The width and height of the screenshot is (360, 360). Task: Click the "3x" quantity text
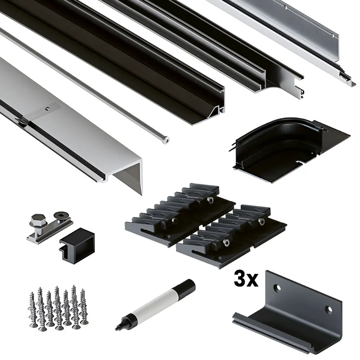[246, 279]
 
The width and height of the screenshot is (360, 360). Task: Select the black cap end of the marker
[184, 287]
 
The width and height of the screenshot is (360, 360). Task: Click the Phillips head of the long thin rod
[166, 140]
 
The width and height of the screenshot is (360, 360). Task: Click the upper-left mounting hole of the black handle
[278, 288]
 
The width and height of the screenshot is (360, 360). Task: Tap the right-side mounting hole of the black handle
[329, 310]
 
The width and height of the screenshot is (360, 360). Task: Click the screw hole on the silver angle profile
[47, 109]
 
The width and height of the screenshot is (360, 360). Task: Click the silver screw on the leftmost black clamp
[175, 221]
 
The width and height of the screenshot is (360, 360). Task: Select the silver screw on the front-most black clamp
[226, 242]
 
